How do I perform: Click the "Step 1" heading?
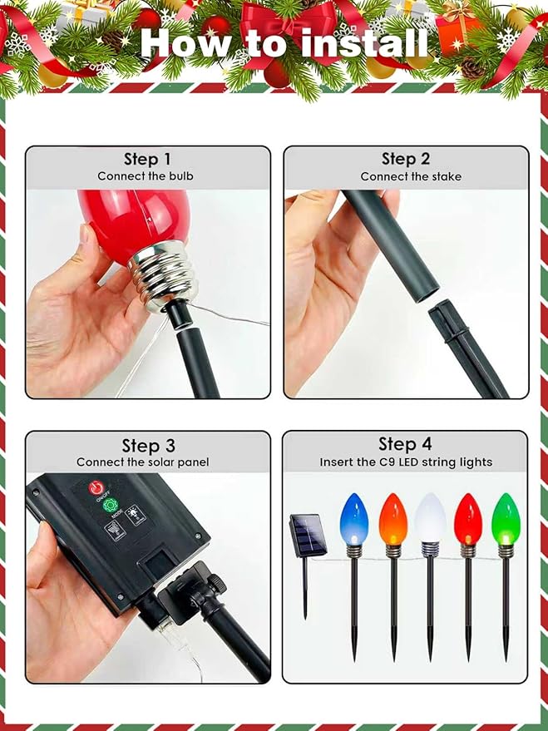pyautogui.click(x=147, y=159)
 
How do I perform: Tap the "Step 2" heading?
pyautogui.click(x=406, y=159)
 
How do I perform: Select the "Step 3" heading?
pyautogui.click(x=147, y=446)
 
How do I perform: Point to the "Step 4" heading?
pyautogui.click(x=406, y=444)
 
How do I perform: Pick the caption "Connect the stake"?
pyautogui.click(x=411, y=176)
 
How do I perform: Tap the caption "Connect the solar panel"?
pyautogui.click(x=143, y=462)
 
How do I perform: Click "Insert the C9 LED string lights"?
pyautogui.click(x=406, y=462)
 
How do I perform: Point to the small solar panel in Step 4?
pyautogui.click(x=307, y=534)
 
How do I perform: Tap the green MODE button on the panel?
pyautogui.click(x=111, y=506)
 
